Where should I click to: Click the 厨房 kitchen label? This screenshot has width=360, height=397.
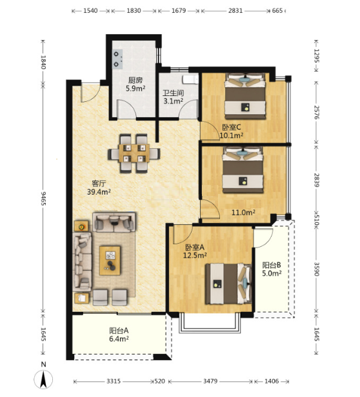click(x=135, y=81)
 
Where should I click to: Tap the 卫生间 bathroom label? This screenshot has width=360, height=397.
click(x=174, y=93)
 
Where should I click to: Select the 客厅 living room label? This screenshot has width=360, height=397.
click(x=99, y=183)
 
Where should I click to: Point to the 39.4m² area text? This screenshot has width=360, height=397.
click(x=99, y=192)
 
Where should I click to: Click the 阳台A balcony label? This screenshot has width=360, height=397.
click(x=119, y=331)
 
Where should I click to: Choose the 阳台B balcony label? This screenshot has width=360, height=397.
click(x=272, y=265)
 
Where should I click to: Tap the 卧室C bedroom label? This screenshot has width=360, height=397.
click(x=232, y=127)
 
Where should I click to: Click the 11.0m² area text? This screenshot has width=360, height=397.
click(x=243, y=213)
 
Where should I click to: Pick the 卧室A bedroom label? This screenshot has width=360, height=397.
click(x=195, y=247)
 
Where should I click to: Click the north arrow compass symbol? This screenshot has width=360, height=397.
click(x=44, y=379)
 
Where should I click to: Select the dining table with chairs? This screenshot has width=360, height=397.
click(x=134, y=153)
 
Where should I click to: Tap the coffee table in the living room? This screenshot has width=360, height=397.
click(x=110, y=260)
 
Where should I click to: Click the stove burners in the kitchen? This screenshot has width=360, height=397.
click(x=117, y=59)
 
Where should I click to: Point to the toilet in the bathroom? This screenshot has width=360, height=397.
click(x=190, y=79)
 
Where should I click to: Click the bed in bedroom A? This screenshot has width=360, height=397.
click(x=228, y=284)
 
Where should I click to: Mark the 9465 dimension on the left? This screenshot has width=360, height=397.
click(x=44, y=198)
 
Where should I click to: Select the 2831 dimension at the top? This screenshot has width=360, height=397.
click(x=235, y=10)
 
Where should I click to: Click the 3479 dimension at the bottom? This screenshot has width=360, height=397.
click(x=210, y=381)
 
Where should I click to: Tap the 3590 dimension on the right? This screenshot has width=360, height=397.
click(x=317, y=269)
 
